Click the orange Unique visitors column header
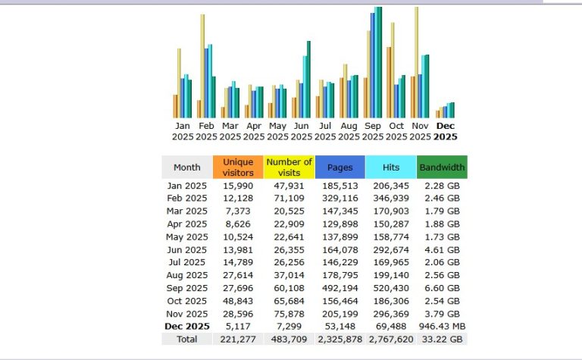click(237, 167)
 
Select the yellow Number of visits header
click(289, 167)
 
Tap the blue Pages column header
click(339, 167)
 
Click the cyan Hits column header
click(390, 167)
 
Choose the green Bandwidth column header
click(442, 167)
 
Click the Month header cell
click(186, 167)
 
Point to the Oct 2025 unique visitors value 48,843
click(238, 301)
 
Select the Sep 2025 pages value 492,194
click(339, 288)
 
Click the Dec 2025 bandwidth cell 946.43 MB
click(441, 327)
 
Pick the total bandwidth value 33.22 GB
click(441, 340)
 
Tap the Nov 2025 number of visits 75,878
click(289, 314)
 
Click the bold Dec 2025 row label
click(186, 327)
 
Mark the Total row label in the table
click(186, 340)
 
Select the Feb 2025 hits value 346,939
click(390, 198)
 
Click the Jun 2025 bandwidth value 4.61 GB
click(441, 249)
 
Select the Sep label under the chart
click(373, 126)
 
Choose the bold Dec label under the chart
click(445, 126)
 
